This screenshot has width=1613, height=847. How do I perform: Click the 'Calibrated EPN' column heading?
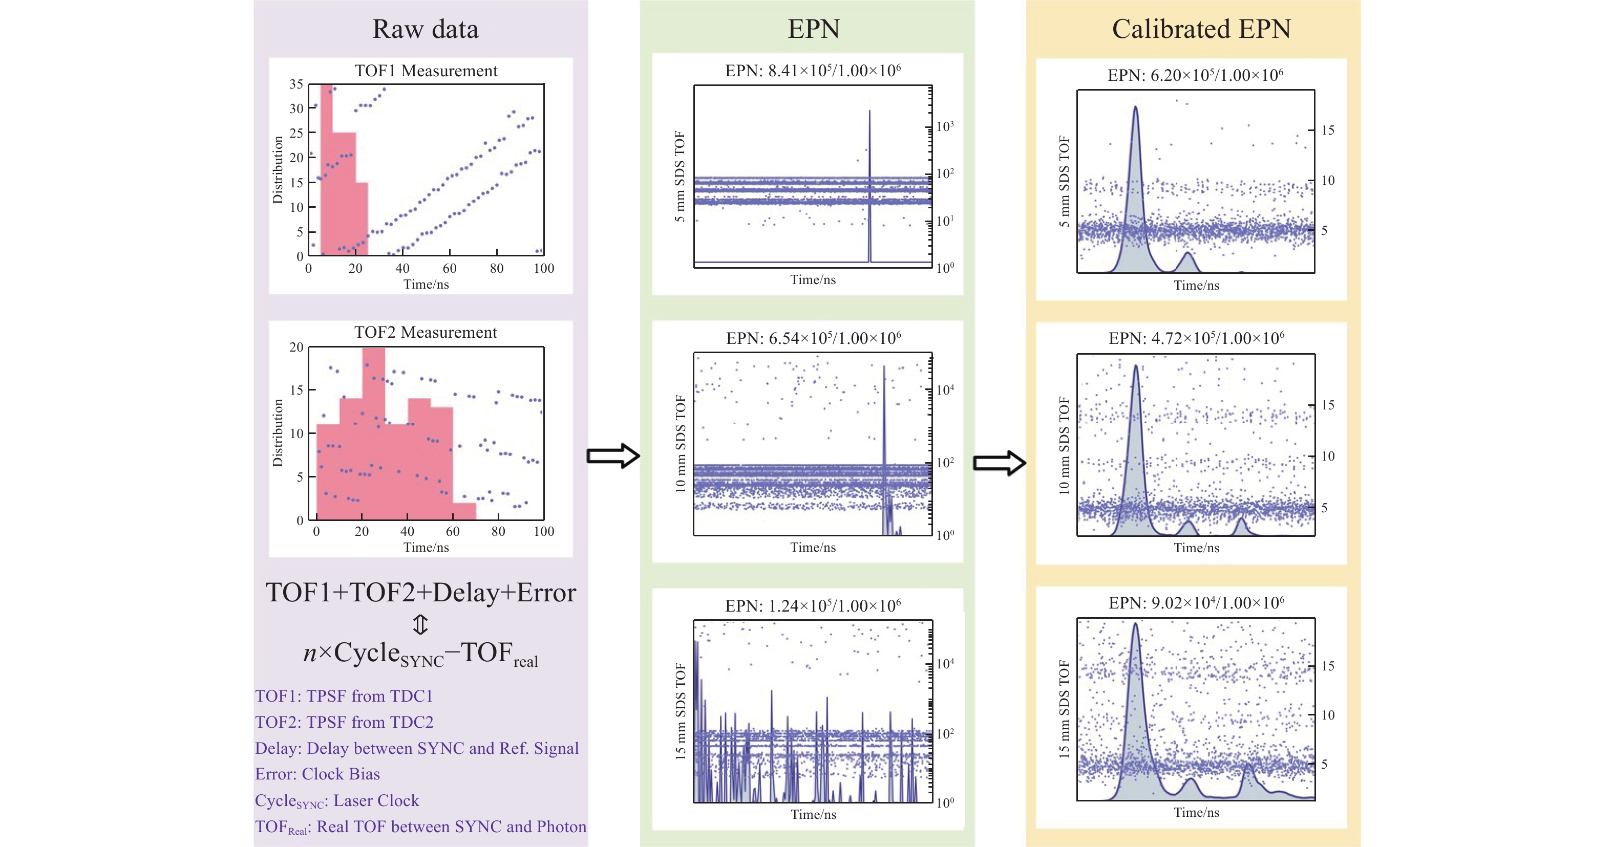1201,29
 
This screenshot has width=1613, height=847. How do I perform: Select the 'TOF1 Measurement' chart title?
426,71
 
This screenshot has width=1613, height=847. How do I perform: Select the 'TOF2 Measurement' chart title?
426,333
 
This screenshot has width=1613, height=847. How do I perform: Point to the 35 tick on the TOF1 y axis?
296,84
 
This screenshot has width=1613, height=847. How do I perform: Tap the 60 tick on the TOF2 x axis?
453,532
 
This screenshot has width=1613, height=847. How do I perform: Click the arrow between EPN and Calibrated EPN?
1000,463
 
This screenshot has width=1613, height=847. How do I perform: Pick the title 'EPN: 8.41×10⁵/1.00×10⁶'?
813,70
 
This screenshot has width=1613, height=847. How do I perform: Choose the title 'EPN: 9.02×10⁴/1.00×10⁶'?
1196,603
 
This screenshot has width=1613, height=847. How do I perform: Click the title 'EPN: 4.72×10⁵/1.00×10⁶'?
1196,339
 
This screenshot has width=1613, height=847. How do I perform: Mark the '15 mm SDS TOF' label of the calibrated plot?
1065,709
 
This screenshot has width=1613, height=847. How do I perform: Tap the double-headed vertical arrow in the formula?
420,624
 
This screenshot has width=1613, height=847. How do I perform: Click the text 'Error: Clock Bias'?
317,774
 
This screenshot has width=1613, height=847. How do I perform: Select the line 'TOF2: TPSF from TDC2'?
344,723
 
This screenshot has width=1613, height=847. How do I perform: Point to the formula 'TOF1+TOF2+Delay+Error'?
421,593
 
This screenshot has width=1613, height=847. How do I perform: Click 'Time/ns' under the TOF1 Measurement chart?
426,284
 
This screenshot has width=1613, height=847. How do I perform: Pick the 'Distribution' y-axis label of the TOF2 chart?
278,433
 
